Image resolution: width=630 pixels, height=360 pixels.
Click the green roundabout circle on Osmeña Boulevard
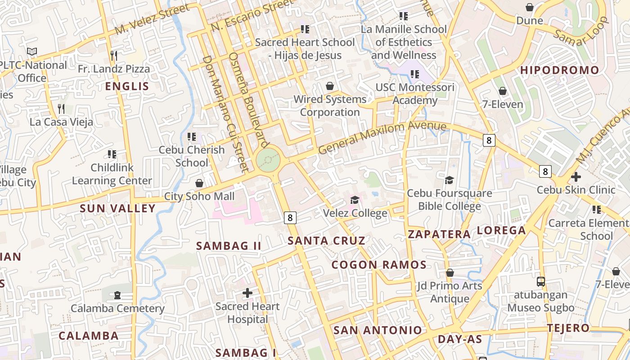(268, 160)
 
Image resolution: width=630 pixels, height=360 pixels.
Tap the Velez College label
(355, 213)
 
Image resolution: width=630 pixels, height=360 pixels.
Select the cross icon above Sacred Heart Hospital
(247, 293)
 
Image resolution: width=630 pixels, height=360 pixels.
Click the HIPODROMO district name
(560, 70)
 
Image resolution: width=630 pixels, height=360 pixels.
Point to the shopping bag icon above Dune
(530, 7)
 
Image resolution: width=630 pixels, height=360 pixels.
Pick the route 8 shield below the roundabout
(290, 218)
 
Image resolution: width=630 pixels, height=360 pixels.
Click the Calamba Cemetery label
(117, 308)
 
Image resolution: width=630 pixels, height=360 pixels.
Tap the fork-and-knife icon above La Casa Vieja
(62, 108)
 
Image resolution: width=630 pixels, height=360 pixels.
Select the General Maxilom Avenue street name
(382, 137)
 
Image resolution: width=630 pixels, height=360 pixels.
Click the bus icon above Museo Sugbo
(541, 282)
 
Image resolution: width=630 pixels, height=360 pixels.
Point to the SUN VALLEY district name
(117, 208)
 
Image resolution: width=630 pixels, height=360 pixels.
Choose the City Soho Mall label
(199, 196)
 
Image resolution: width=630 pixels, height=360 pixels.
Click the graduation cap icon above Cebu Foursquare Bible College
(449, 180)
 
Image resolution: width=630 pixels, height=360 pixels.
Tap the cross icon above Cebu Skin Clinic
(576, 177)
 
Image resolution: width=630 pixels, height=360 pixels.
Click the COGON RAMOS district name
(379, 265)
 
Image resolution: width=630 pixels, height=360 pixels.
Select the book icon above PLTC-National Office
(32, 52)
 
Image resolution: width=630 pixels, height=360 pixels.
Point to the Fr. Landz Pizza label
(114, 69)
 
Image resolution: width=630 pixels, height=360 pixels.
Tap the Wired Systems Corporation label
(330, 106)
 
